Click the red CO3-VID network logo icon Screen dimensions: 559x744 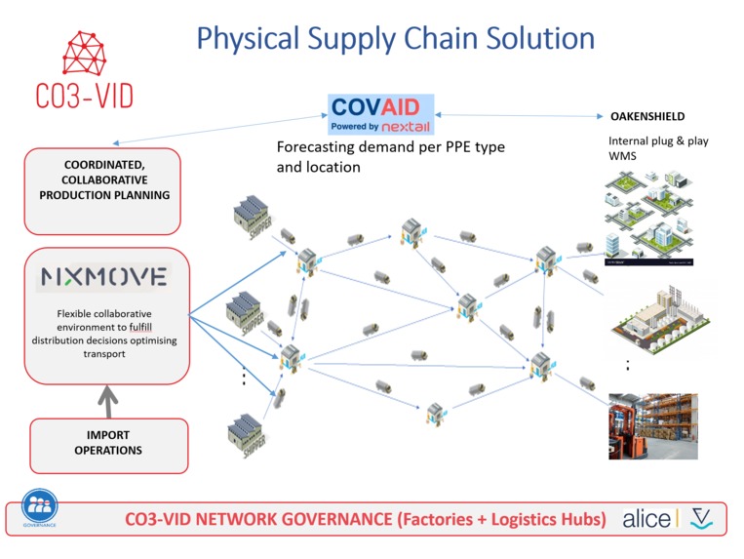(x=85, y=55)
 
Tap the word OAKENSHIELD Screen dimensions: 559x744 (x=647, y=117)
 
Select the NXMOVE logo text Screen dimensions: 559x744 (x=103, y=277)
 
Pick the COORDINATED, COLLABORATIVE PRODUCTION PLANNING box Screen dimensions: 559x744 (x=103, y=189)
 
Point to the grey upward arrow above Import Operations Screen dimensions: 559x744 (x=107, y=397)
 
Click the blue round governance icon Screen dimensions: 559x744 (x=40, y=506)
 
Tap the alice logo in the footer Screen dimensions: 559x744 (x=646, y=518)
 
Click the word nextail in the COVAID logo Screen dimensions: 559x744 (x=407, y=127)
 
